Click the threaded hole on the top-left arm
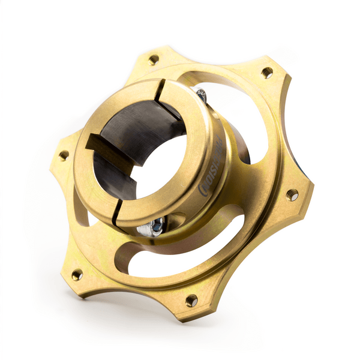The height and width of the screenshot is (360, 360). [154, 59]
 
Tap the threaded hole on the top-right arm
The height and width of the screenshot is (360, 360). [266, 73]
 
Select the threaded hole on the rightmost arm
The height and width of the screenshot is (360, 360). [292, 194]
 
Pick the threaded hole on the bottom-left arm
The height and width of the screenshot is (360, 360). [77, 275]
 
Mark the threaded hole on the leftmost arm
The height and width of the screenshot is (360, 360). [63, 155]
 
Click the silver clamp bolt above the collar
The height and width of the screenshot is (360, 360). [200, 94]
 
